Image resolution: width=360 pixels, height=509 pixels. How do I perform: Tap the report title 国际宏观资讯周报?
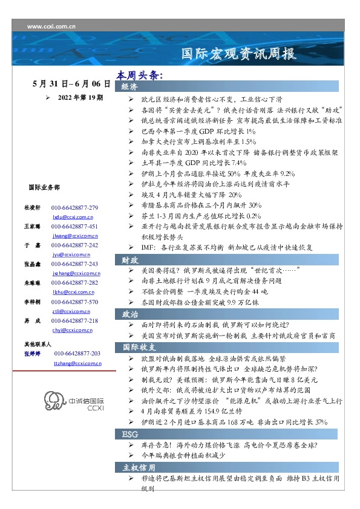tap(239, 54)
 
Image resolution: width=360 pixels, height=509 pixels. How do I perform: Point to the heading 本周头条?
tap(140, 76)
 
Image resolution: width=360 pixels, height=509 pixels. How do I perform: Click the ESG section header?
tap(128, 435)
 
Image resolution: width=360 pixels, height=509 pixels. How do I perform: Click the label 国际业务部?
tap(44, 188)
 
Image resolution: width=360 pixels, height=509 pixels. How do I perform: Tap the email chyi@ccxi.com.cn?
tap(72, 330)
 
